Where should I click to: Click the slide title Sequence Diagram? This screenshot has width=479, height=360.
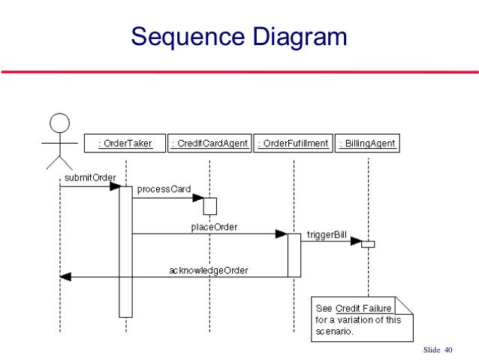(239, 35)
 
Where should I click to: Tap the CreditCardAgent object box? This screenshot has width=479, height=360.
(209, 143)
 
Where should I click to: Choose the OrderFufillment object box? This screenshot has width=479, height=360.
(293, 143)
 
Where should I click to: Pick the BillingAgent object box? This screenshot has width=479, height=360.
(368, 143)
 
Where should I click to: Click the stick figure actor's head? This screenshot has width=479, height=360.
(59, 122)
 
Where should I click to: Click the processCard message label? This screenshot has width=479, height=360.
(164, 189)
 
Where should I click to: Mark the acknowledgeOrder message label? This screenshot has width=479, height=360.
(207, 269)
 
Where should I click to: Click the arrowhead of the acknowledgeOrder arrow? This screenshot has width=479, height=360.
(65, 277)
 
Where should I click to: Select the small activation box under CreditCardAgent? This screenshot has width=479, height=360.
(209, 205)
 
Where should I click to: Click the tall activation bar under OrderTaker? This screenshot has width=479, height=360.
(125, 252)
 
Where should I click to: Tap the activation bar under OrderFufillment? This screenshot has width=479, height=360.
(294, 255)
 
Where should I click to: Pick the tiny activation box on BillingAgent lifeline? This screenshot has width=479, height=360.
(367, 244)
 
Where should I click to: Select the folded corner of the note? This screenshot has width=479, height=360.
(406, 304)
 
